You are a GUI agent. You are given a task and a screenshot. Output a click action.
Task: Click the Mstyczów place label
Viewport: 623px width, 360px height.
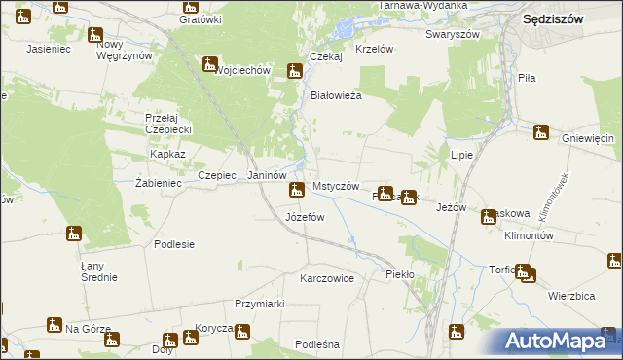tap(337, 186)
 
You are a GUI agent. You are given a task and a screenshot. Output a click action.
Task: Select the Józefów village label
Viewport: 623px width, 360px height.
tap(305, 217)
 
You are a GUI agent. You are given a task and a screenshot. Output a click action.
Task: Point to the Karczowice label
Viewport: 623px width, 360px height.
tap(327, 278)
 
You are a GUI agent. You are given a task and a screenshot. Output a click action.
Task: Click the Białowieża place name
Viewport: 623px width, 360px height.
tap(336, 95)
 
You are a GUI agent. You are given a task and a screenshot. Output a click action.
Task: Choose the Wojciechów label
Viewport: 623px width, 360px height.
tap(241, 71)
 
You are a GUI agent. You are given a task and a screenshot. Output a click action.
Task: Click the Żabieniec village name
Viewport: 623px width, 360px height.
tap(160, 182)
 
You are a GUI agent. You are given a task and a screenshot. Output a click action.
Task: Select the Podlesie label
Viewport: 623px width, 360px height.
tap(174, 244)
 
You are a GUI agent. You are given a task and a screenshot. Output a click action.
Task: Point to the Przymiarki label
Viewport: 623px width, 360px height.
tap(259, 304)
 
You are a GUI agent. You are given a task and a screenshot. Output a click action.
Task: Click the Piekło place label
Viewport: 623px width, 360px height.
tap(400, 274)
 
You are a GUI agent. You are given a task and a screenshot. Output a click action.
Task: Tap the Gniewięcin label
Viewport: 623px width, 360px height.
tap(593, 138)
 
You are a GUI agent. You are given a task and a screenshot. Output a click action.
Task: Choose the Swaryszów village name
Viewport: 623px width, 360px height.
tap(453, 33)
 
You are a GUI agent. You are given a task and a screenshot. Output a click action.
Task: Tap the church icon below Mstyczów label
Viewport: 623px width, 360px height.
tap(295, 192)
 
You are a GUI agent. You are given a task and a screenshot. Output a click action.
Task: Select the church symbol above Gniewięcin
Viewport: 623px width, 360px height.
tap(541, 131)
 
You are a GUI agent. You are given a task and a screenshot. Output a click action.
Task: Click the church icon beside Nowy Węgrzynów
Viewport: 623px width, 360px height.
tap(94, 36)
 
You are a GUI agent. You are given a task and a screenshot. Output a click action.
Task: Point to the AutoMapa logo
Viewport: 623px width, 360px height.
tap(559, 342)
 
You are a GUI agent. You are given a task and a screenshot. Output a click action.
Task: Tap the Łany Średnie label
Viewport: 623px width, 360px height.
tap(98, 270)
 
